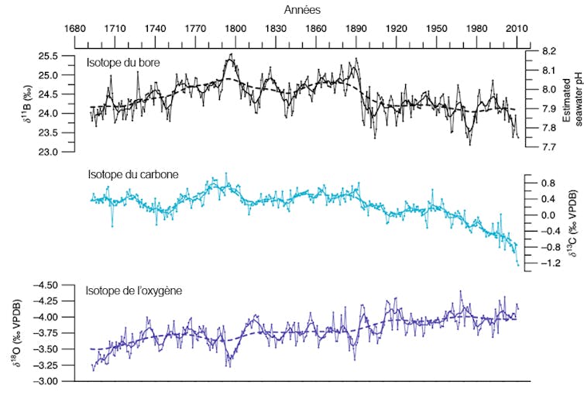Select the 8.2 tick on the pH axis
(x=548, y=51)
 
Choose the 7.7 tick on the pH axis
(x=548, y=146)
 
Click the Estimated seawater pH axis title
(x=572, y=98)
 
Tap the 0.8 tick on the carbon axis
(x=548, y=184)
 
